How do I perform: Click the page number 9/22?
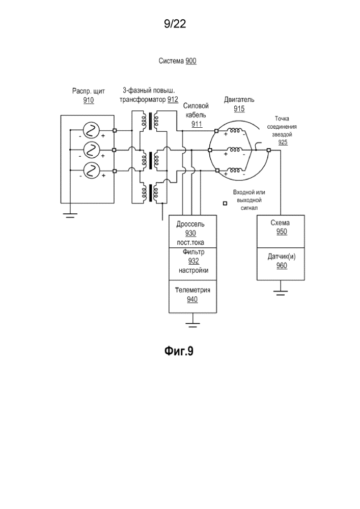coord(175,24)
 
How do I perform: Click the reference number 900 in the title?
coord(191,61)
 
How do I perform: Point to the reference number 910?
coord(89,101)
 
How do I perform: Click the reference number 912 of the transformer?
coord(173,100)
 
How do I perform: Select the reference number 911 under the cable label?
coord(197,124)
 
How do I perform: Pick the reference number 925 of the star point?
coord(283,143)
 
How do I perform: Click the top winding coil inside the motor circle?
coord(235,131)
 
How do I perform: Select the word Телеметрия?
coord(192,290)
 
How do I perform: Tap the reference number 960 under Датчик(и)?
coord(282,266)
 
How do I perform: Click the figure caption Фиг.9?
coord(179,351)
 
